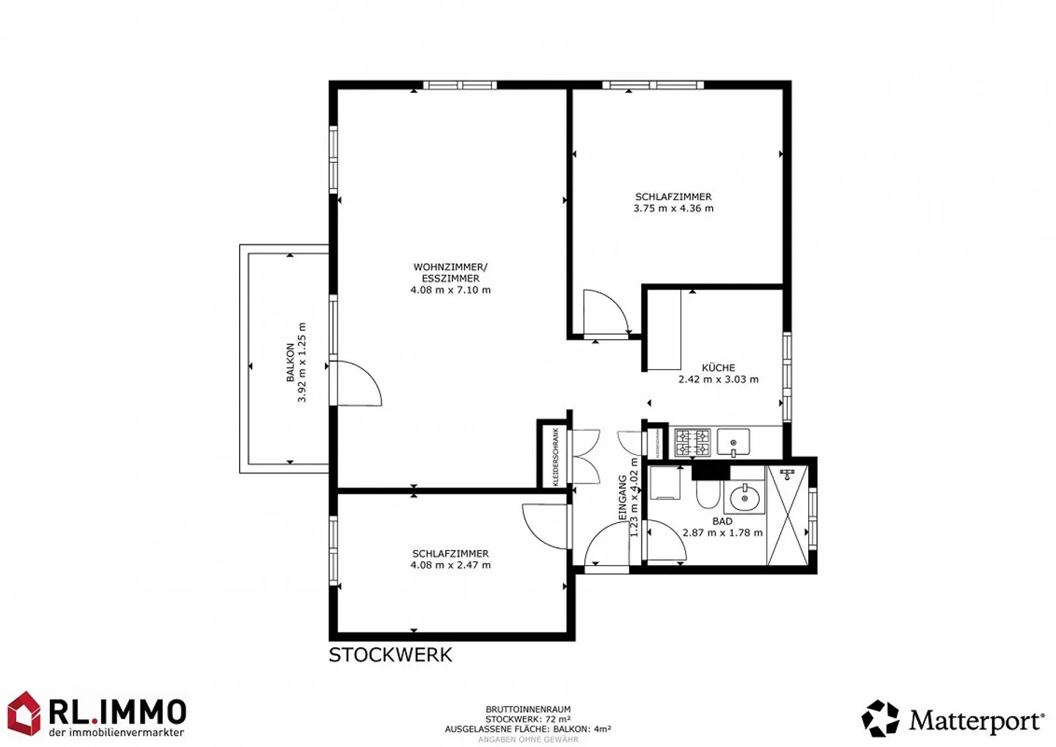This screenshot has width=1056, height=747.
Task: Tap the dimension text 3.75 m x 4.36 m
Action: pyautogui.click(x=673, y=208)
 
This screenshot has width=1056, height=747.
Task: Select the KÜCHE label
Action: pyautogui.click(x=718, y=368)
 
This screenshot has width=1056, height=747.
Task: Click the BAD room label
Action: pyautogui.click(x=722, y=521)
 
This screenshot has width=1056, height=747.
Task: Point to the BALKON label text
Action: pyautogui.click(x=290, y=362)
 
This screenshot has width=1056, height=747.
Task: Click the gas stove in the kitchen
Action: pyautogui.click(x=692, y=442)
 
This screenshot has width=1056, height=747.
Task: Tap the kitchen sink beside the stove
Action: pyautogui.click(x=733, y=442)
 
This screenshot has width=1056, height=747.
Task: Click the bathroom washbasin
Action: pyautogui.click(x=744, y=498)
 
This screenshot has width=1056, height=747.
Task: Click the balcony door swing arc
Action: pyautogui.click(x=359, y=382)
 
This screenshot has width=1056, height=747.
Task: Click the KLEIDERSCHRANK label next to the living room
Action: pyautogui.click(x=556, y=457)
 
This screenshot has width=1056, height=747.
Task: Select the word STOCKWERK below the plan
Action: pyautogui.click(x=390, y=655)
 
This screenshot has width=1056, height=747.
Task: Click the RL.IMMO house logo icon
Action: pyautogui.click(x=23, y=713)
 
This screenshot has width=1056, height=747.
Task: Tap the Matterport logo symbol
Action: pyautogui.click(x=880, y=718)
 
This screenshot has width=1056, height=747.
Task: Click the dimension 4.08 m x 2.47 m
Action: pyautogui.click(x=450, y=565)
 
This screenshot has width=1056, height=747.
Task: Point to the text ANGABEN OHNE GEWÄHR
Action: pyautogui.click(x=528, y=740)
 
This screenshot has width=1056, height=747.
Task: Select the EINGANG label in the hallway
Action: pyautogui.click(x=623, y=498)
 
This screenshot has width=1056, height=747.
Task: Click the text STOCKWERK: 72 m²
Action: pyautogui.click(x=528, y=720)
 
